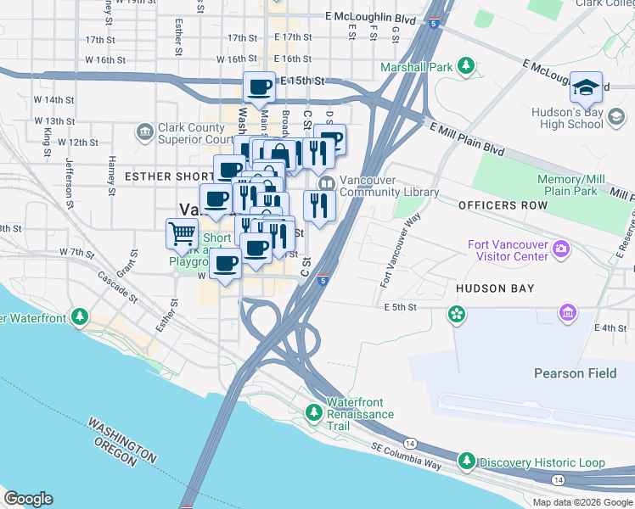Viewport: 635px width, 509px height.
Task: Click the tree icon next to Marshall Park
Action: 465,65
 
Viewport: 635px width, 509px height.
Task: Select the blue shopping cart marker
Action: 183,233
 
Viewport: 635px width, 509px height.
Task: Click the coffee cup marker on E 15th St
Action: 260,86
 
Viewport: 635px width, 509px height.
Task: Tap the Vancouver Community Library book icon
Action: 324,184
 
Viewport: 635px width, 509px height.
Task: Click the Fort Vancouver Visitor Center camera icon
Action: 559,250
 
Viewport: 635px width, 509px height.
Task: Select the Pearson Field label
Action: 570,373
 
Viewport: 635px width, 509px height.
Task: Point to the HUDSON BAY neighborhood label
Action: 495,288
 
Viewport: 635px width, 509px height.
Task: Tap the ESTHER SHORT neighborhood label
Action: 166,176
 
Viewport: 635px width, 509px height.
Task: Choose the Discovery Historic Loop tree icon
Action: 466,461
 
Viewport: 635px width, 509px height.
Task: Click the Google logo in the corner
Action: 28,498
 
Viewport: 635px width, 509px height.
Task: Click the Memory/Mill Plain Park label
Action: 572,186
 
